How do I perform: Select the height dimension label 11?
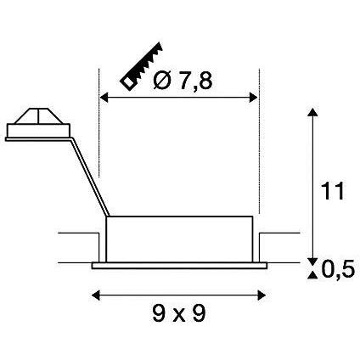coord(335,192)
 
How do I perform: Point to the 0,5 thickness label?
coord(338,270)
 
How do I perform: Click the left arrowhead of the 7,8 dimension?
coord(105,98)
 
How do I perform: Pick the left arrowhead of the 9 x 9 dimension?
coord(94,295)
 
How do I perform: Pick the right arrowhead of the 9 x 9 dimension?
coord(260,295)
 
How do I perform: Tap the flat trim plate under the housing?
coord(177,266)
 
